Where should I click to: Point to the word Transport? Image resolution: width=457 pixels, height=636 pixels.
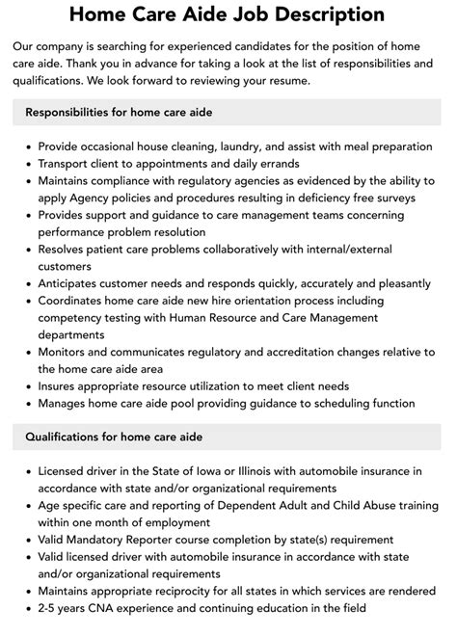point(70,165)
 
